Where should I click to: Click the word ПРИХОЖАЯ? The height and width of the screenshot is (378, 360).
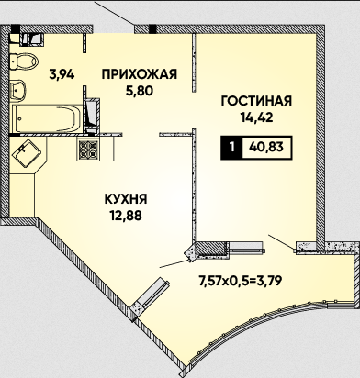[x=140, y=74]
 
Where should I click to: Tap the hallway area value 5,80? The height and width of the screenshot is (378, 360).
[x=140, y=91]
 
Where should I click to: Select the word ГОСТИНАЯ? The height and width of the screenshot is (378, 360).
[x=256, y=101]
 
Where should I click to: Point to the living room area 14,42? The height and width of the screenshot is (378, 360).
[x=256, y=117]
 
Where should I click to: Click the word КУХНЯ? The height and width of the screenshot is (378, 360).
[x=126, y=199]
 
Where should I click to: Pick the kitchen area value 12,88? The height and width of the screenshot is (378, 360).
[x=126, y=216]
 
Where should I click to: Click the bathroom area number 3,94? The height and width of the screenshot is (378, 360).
[x=62, y=74]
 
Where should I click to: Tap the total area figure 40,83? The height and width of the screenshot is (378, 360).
[x=266, y=148]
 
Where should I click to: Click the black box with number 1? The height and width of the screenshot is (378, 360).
[x=231, y=148]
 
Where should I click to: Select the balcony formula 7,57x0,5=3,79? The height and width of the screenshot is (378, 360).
[x=240, y=281]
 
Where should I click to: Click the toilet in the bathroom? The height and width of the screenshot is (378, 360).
[x=24, y=61]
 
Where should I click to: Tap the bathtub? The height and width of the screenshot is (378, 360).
[x=47, y=118]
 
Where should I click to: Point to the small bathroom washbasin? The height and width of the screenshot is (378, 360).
[x=17, y=90]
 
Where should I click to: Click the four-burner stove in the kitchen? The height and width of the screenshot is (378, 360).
[x=89, y=150]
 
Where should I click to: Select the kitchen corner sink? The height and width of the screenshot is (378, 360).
[x=27, y=153]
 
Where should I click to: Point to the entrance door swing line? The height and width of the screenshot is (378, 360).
[x=114, y=14]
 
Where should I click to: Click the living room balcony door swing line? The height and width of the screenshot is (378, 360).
[x=282, y=243]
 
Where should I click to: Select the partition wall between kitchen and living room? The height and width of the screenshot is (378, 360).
[x=194, y=184]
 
